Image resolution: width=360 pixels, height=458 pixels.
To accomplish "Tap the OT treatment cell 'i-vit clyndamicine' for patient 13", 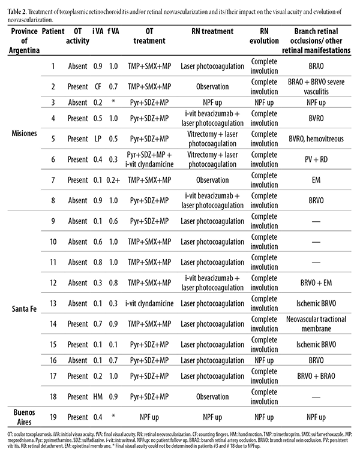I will point(148,303).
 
